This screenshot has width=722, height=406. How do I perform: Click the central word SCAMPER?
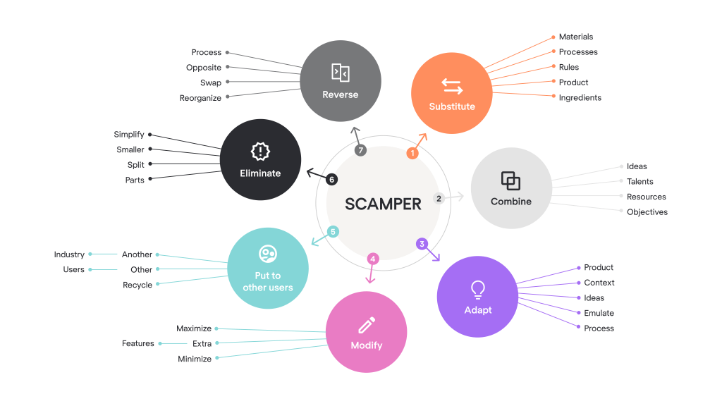(x=383, y=204)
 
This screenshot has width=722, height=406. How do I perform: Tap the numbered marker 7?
(x=360, y=150)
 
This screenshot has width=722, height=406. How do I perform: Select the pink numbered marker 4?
(x=373, y=259)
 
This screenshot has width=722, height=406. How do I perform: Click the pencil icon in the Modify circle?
(x=367, y=325)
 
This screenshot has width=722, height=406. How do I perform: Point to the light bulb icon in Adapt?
(x=478, y=289)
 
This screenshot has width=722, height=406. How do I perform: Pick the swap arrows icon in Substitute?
(x=452, y=86)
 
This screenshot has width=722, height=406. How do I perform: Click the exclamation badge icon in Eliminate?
(x=260, y=152)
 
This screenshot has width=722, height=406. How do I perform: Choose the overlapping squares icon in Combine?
(x=510, y=181)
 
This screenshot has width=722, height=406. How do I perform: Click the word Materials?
(x=576, y=37)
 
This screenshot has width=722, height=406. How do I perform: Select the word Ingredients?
(x=580, y=98)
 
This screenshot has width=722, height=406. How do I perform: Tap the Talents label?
(x=640, y=182)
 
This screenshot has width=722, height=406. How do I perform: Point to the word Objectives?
(x=647, y=212)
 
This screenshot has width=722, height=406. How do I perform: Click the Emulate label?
(x=599, y=313)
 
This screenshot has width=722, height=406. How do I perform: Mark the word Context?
(x=599, y=283)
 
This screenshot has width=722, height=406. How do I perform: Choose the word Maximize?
(x=194, y=328)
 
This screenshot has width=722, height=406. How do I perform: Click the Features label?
(x=138, y=344)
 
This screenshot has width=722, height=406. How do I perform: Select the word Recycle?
(x=137, y=285)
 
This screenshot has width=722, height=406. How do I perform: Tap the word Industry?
(x=69, y=254)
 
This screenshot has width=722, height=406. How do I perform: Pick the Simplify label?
(x=129, y=135)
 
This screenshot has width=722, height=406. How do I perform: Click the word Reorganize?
(x=200, y=99)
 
